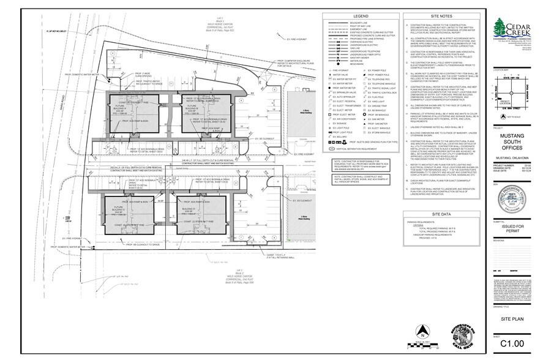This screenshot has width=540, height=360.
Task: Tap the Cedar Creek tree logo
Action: (x=501, y=27)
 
